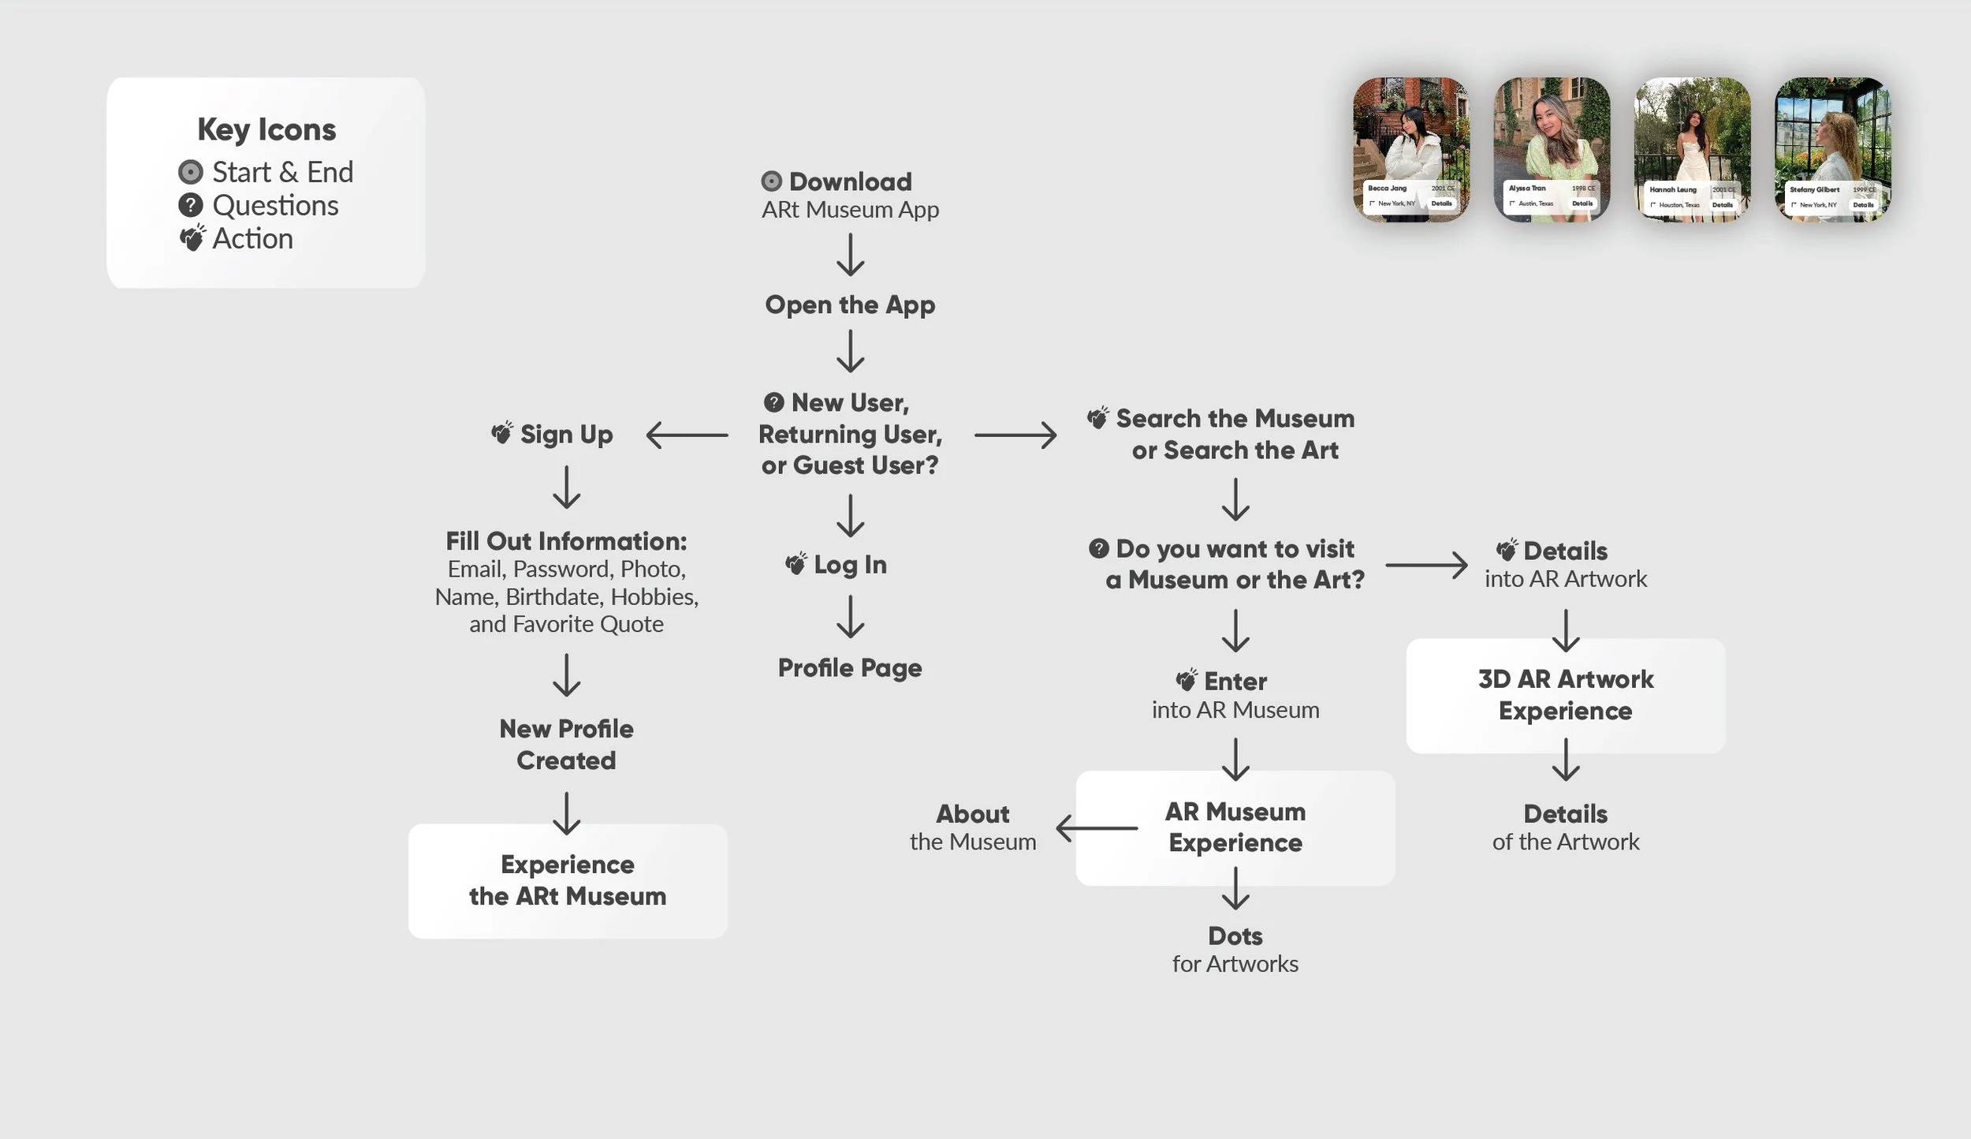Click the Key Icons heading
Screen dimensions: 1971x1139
tap(266, 129)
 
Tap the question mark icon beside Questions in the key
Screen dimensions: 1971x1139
tap(190, 206)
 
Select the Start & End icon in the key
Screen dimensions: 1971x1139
tap(190, 172)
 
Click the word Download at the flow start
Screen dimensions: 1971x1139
tap(850, 182)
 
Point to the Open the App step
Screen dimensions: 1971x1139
tap(850, 304)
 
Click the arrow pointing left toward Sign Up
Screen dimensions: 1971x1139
tap(687, 435)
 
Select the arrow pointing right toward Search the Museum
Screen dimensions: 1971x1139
tap(1015, 435)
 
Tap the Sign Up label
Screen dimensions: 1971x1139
tap(566, 435)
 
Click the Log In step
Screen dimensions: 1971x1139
tap(850, 565)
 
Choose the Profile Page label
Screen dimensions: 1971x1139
tap(850, 668)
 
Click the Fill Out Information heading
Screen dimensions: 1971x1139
tap(566, 541)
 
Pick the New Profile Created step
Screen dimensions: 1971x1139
tap(566, 745)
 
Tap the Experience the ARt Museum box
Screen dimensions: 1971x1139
tap(568, 881)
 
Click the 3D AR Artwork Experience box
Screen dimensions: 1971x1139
tap(1566, 695)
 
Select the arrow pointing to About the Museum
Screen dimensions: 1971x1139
tap(1097, 828)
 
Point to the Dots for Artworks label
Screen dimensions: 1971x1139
tap(1235, 950)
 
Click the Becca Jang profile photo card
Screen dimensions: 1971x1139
tap(1411, 149)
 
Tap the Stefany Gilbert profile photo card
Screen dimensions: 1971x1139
tap(1832, 149)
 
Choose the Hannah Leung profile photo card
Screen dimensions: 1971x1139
tap(1692, 149)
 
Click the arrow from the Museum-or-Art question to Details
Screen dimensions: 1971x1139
tap(1426, 565)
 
